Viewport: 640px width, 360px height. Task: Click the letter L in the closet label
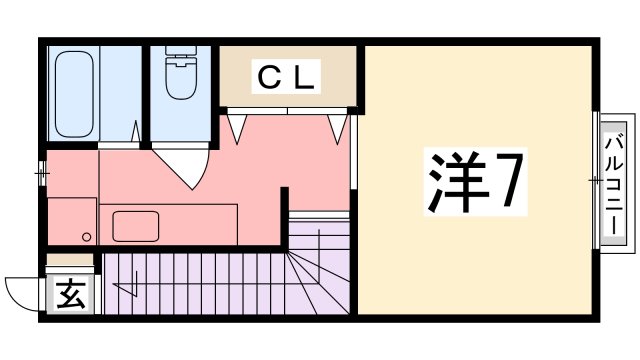(x=304, y=77)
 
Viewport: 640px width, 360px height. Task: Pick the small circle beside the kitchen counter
(x=86, y=237)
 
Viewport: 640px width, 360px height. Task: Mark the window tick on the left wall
(x=42, y=172)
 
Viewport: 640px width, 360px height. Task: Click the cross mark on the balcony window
(x=598, y=181)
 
